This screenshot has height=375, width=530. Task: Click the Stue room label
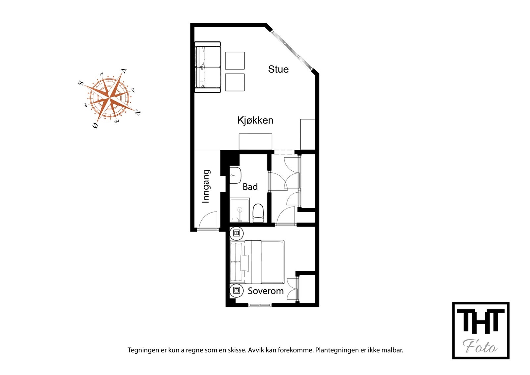click(x=278, y=69)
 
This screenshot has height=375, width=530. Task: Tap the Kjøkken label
click(x=255, y=120)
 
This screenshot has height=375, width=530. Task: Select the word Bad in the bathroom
click(x=250, y=187)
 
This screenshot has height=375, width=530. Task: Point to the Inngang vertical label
click(x=206, y=186)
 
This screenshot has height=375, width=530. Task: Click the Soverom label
click(x=266, y=291)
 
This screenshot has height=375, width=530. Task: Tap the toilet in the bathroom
click(x=258, y=213)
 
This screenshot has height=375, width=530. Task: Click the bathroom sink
click(x=235, y=175)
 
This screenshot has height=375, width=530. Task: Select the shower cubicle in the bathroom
click(x=239, y=210)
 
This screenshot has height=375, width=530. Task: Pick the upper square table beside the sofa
click(x=235, y=61)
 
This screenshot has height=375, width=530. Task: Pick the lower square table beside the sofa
click(x=235, y=82)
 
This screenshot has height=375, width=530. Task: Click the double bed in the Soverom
click(x=257, y=262)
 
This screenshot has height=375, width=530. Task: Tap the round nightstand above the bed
click(x=237, y=233)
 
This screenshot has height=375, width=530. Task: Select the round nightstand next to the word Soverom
click(x=237, y=291)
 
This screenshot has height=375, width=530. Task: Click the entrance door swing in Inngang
click(x=208, y=220)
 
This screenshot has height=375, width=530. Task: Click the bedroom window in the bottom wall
click(x=260, y=305)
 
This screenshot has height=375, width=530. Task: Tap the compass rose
click(x=109, y=98)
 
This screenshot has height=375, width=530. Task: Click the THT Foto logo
click(x=481, y=331)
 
